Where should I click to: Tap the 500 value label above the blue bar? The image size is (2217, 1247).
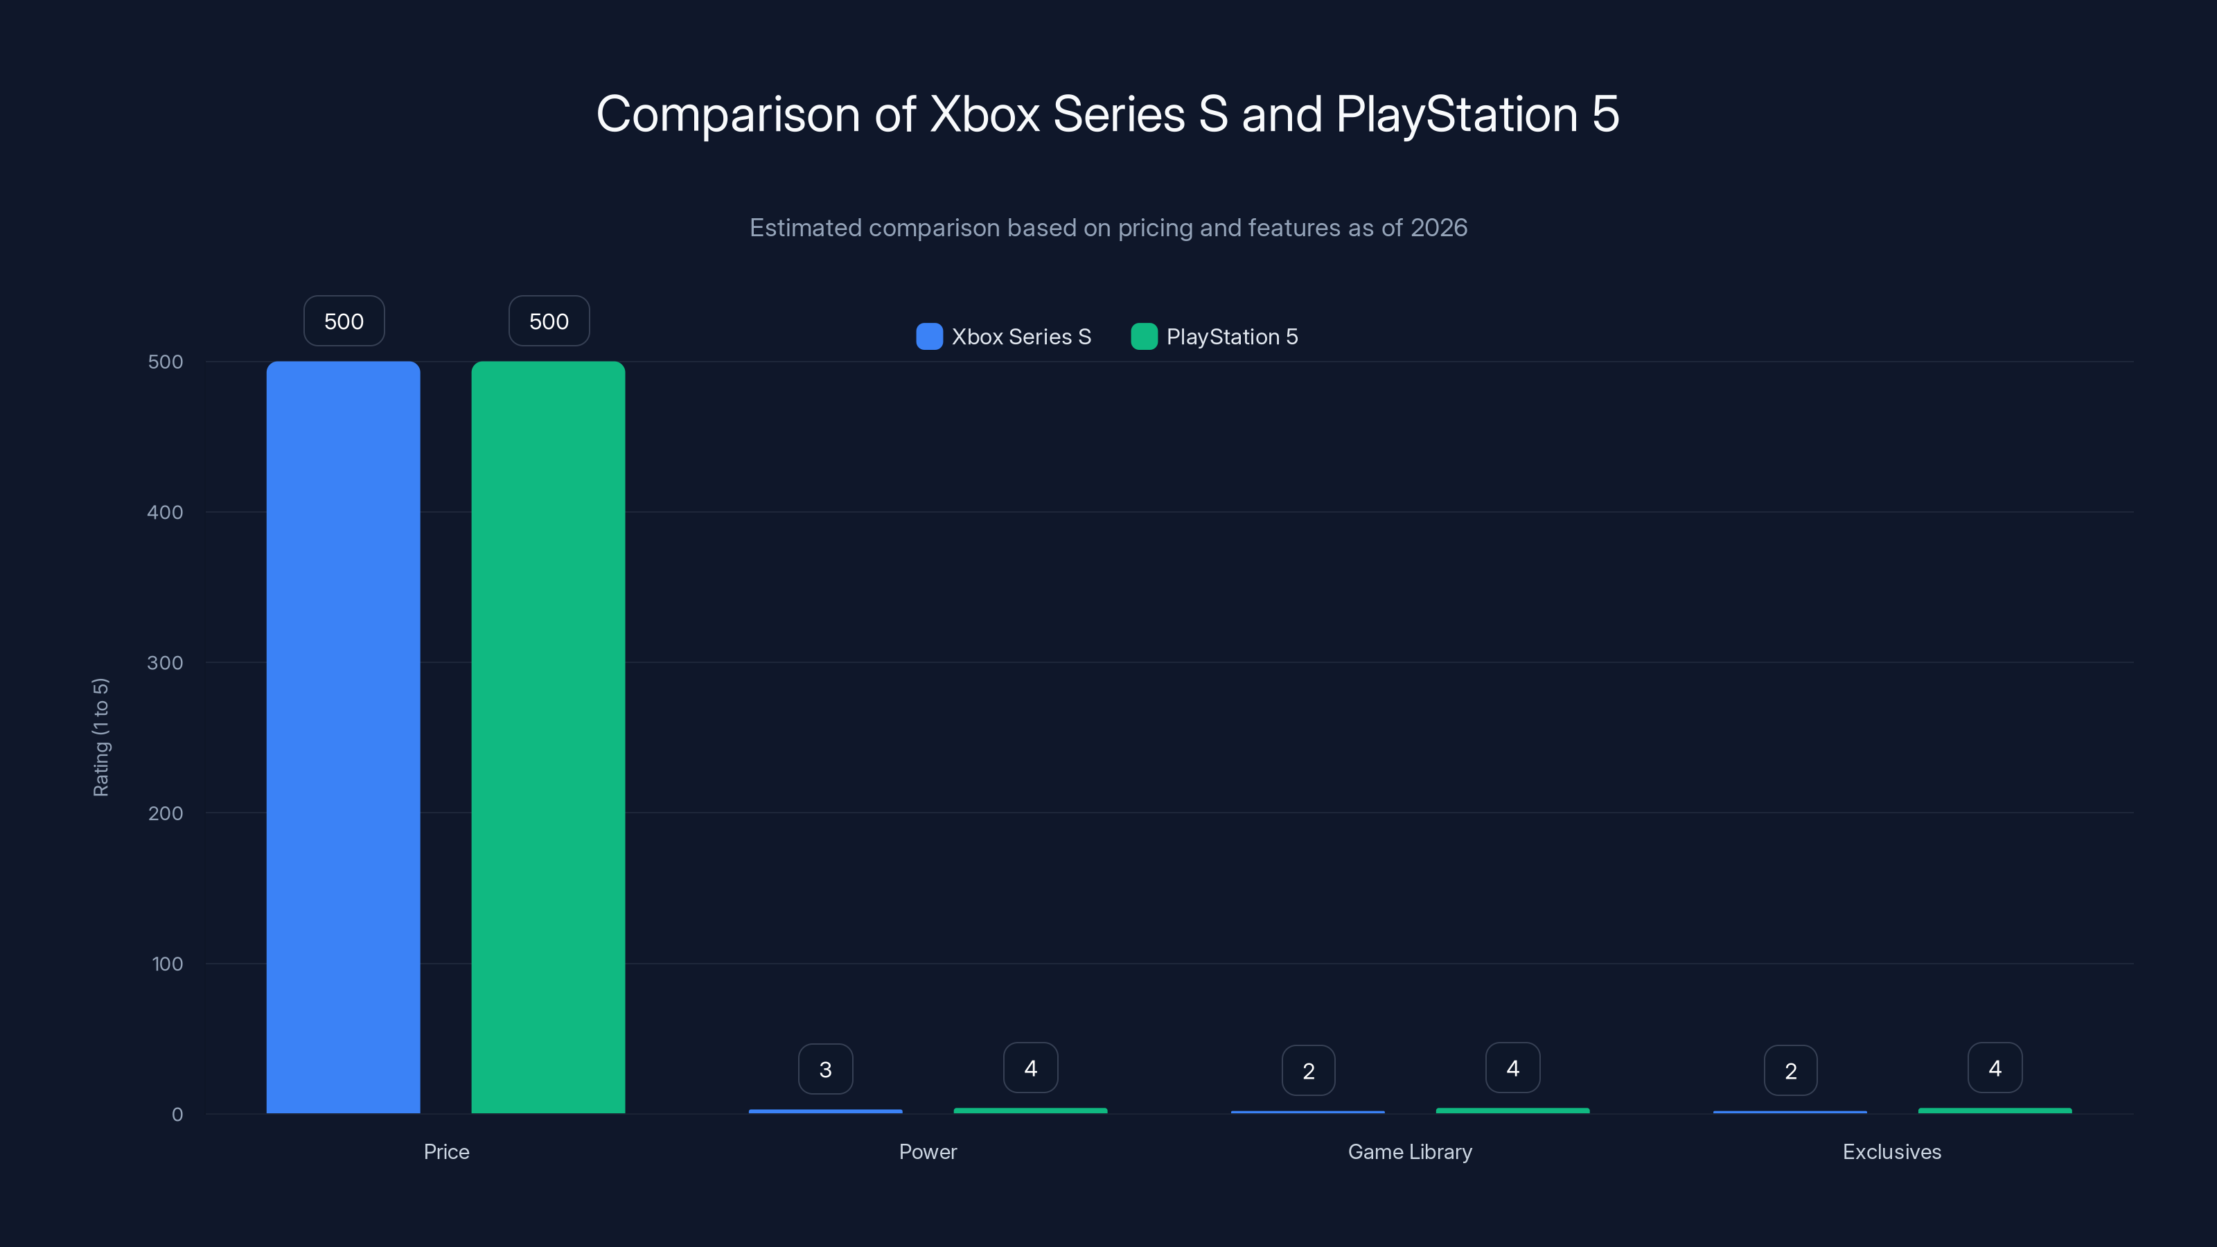coord(344,321)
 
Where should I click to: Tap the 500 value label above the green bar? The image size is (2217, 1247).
coord(548,321)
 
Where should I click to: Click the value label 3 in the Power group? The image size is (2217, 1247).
coord(824,1069)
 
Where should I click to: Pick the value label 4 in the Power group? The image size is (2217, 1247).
coord(1030,1068)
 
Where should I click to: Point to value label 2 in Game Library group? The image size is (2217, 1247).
coord(1307,1070)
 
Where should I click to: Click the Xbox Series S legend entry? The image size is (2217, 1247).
coord(1003,337)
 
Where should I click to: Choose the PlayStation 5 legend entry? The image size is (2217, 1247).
coord(1215,337)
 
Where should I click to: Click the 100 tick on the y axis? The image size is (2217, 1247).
coord(167,964)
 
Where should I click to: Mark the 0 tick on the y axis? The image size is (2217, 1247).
coord(177,1115)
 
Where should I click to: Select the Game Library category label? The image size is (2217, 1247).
coord(1409,1151)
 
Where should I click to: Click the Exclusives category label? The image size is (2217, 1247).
coord(1891,1151)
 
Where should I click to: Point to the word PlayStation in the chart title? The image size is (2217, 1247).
coord(1456,114)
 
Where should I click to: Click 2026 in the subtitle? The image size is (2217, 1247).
coord(1438,227)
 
